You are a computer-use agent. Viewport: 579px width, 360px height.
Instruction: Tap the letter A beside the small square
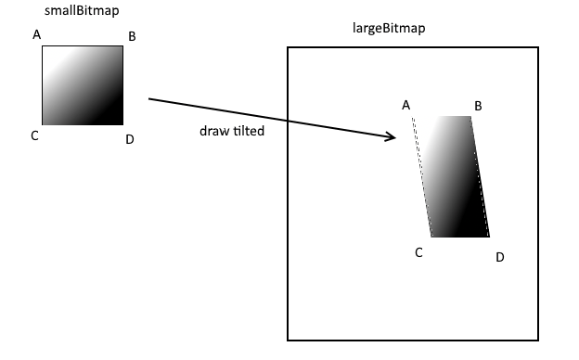click(x=37, y=35)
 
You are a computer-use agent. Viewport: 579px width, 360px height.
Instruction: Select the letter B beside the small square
click(x=132, y=37)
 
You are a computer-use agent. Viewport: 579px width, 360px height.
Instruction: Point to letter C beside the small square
click(x=34, y=136)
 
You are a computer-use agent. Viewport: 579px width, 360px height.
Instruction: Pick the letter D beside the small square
click(x=130, y=139)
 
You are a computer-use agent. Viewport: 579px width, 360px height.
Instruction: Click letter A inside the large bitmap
click(x=405, y=105)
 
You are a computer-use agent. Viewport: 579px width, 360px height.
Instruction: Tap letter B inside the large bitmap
click(x=478, y=106)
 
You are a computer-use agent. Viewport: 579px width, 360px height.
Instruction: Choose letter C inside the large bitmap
click(x=419, y=251)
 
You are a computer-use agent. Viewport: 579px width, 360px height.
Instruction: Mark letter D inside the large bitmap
click(x=499, y=256)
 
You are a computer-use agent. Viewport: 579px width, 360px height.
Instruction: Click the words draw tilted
click(x=232, y=131)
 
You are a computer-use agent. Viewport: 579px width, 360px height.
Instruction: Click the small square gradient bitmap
click(x=82, y=85)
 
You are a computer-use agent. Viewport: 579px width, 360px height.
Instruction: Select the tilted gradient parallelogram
click(x=455, y=176)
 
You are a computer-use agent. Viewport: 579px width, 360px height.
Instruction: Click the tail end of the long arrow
click(x=150, y=98)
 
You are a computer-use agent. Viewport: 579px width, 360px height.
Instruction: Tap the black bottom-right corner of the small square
click(x=117, y=120)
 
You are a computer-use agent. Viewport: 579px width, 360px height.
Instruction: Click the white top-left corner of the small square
click(x=47, y=52)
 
